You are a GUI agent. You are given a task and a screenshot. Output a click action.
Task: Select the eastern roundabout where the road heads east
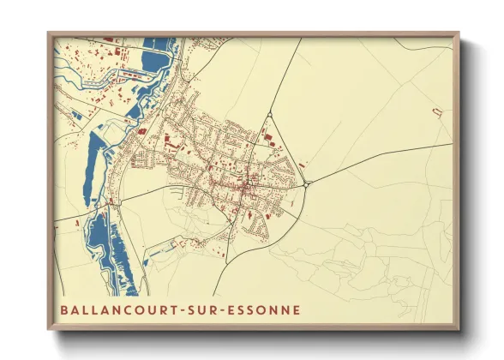click(307, 183)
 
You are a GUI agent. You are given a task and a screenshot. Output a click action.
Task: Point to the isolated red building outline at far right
click(436, 112)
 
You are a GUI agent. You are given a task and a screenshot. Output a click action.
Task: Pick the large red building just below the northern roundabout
click(265, 135)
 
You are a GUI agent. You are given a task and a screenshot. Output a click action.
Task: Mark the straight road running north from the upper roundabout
click(286, 74)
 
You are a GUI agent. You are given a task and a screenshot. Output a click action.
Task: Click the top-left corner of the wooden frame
click(48, 33)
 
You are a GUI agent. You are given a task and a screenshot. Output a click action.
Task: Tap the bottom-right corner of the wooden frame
click(459, 330)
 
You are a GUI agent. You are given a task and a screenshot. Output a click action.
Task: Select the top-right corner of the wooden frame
click(459, 33)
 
